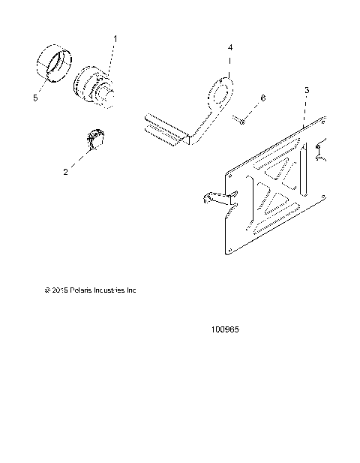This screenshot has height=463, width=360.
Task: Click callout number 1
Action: click(x=115, y=38)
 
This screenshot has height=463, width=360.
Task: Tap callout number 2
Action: click(x=86, y=172)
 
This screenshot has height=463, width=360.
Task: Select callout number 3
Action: click(x=306, y=91)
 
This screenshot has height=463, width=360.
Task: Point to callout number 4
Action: click(x=230, y=48)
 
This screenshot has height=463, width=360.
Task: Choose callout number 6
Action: click(x=262, y=98)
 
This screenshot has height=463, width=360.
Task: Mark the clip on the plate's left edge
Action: click(x=217, y=199)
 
